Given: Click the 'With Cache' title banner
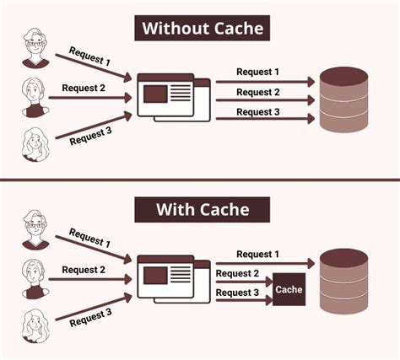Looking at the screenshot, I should pyautogui.click(x=201, y=207).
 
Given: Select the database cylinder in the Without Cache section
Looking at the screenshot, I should pyautogui.click(x=349, y=99).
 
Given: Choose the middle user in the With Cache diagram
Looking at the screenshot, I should pyautogui.click(x=35, y=279).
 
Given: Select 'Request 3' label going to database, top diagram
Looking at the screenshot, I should pyautogui.click(x=258, y=110).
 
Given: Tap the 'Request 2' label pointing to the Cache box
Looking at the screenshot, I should pyautogui.click(x=237, y=273).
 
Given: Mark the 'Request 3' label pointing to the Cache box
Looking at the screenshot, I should pyautogui.click(x=237, y=292).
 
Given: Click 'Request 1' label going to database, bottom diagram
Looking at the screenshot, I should pyautogui.click(x=258, y=254).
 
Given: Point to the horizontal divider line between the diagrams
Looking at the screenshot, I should pyautogui.click(x=200, y=179).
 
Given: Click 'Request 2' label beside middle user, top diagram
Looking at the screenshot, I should pyautogui.click(x=84, y=89).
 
